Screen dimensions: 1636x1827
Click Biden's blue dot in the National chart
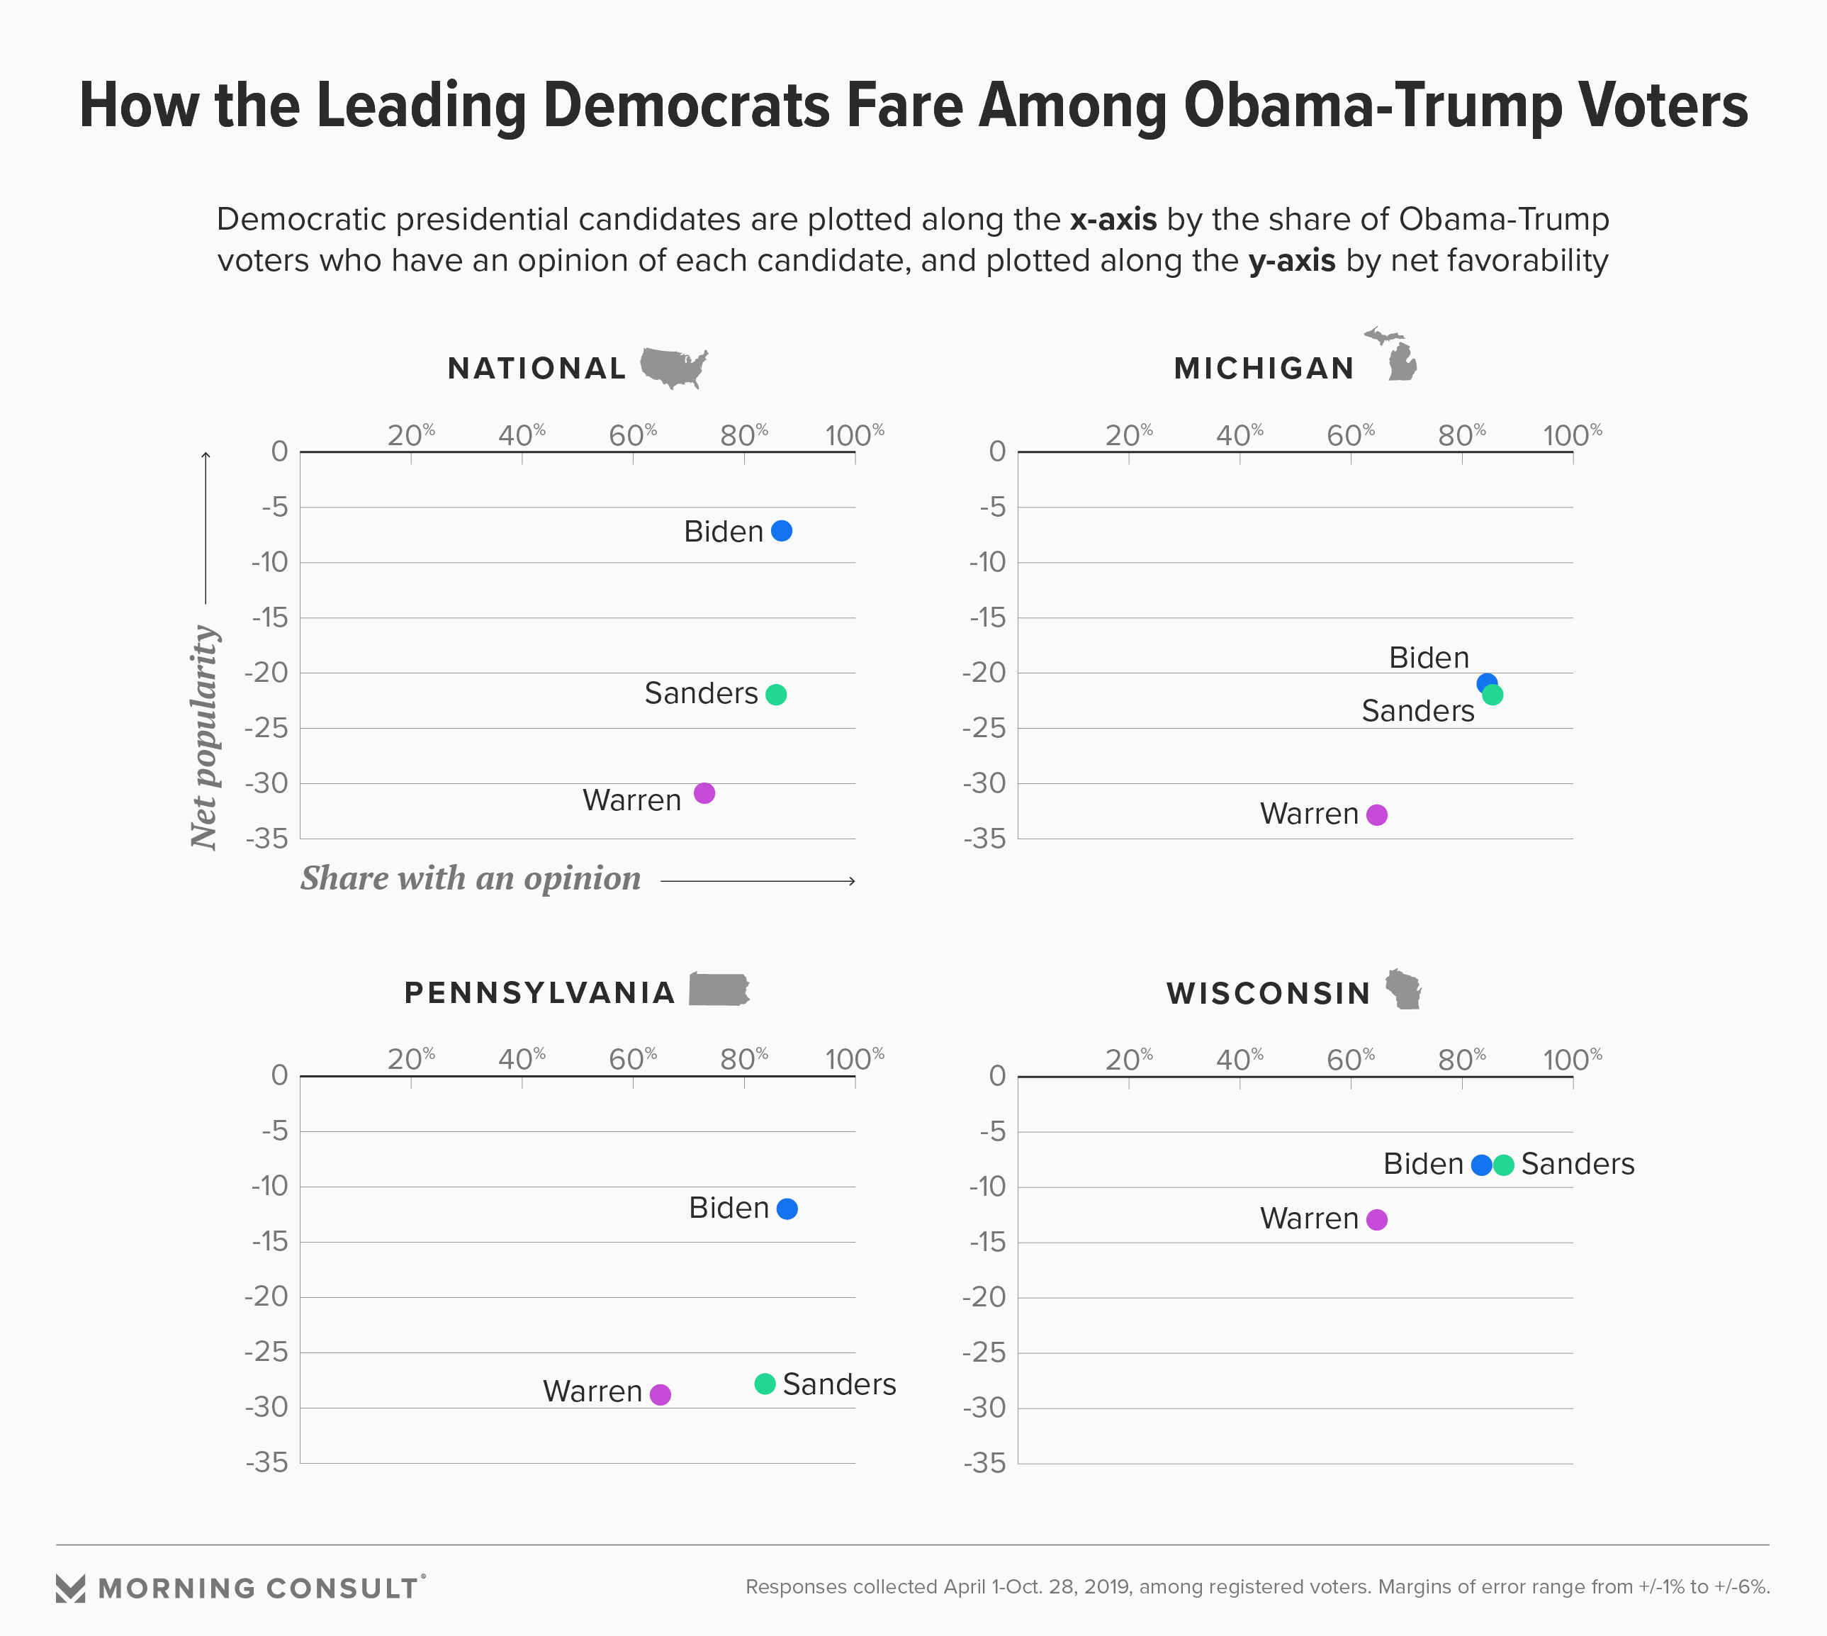(x=782, y=531)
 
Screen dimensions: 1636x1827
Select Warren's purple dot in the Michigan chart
(x=1377, y=815)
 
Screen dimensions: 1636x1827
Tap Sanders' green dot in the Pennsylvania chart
(x=765, y=1384)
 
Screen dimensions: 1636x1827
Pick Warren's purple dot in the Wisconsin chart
(x=1377, y=1220)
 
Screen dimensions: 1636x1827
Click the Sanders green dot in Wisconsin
(x=1503, y=1165)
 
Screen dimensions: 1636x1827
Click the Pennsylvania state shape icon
(x=719, y=990)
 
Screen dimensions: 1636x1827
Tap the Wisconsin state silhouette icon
(x=1402, y=989)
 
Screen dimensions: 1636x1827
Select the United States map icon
(x=673, y=366)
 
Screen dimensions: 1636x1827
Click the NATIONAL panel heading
(x=536, y=369)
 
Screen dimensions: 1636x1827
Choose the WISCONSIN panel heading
(x=1268, y=993)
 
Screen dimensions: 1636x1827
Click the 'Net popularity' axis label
(x=205, y=737)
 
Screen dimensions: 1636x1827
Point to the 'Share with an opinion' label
(x=470, y=878)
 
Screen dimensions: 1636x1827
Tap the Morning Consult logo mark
(x=70, y=1589)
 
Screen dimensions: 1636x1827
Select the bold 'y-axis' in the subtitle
(x=1291, y=261)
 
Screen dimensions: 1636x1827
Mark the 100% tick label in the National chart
(x=854, y=436)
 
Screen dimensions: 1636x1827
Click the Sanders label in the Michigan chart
(x=1417, y=711)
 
